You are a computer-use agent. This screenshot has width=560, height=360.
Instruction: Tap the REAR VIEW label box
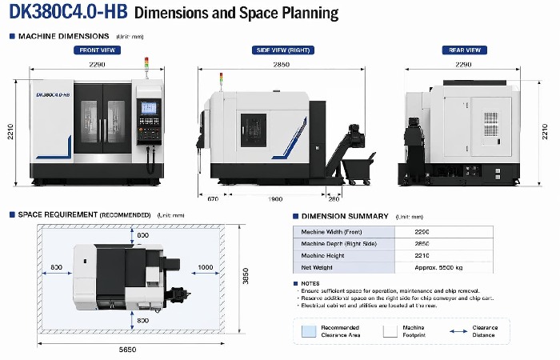pos(464,50)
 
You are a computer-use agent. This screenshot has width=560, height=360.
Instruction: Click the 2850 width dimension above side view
pos(282,64)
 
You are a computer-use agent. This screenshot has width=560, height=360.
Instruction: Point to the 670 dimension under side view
pos(213,198)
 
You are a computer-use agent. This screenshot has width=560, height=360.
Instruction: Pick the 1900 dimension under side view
pos(274,198)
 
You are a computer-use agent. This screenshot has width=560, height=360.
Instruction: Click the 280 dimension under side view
pos(334,198)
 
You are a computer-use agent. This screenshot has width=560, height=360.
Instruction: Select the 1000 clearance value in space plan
pos(206,267)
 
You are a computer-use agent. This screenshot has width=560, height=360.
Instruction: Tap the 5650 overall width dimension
pos(127,349)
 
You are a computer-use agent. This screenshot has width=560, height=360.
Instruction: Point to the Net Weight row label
pos(318,267)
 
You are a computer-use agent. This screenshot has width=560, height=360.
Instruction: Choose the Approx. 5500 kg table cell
pos(438,267)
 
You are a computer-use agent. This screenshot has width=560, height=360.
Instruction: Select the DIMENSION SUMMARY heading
pos(346,216)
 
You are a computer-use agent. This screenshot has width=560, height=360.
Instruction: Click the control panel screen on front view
pos(149,108)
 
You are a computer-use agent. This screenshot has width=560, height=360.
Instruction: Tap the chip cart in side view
pos(358,169)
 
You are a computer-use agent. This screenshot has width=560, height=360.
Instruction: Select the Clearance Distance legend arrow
pos(458,330)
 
